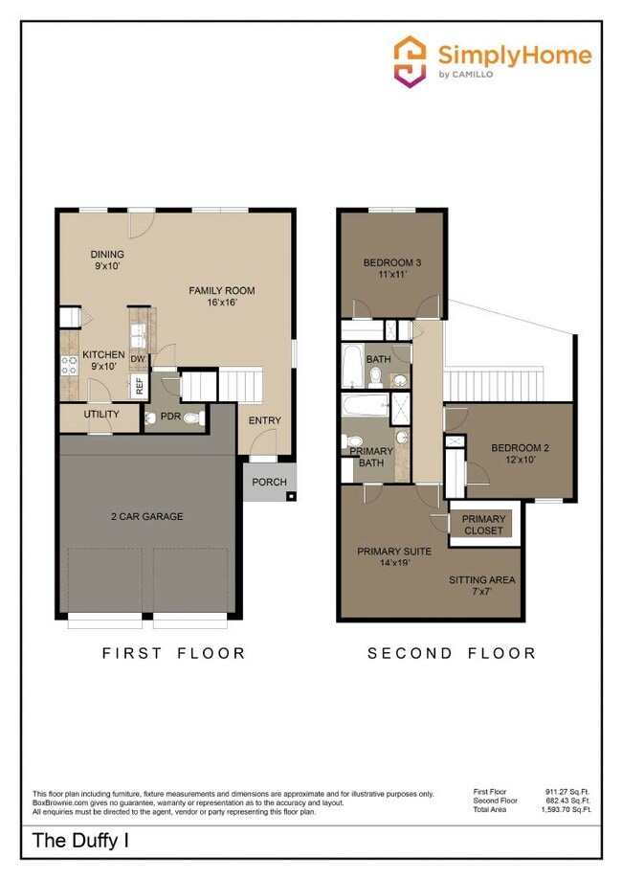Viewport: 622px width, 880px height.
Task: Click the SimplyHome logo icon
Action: (x=411, y=60)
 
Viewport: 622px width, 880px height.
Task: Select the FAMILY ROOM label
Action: (x=221, y=296)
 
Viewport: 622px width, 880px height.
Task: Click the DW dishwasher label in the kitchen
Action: (x=138, y=359)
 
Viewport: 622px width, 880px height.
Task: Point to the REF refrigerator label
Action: (x=139, y=386)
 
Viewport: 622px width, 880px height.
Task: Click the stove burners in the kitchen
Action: (x=69, y=365)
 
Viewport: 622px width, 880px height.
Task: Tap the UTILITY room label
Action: (x=101, y=415)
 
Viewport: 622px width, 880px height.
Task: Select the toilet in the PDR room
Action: (x=190, y=418)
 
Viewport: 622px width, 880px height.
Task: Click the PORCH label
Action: (x=269, y=482)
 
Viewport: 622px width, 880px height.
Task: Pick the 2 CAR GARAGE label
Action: (x=146, y=516)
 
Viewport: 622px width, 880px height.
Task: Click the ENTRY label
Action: (x=264, y=420)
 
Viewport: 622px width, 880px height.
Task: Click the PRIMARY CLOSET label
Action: (x=483, y=525)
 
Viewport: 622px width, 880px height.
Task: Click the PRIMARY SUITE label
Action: (x=393, y=557)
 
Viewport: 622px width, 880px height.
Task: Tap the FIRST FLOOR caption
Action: (x=173, y=653)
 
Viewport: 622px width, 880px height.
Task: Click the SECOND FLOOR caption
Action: (x=452, y=653)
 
